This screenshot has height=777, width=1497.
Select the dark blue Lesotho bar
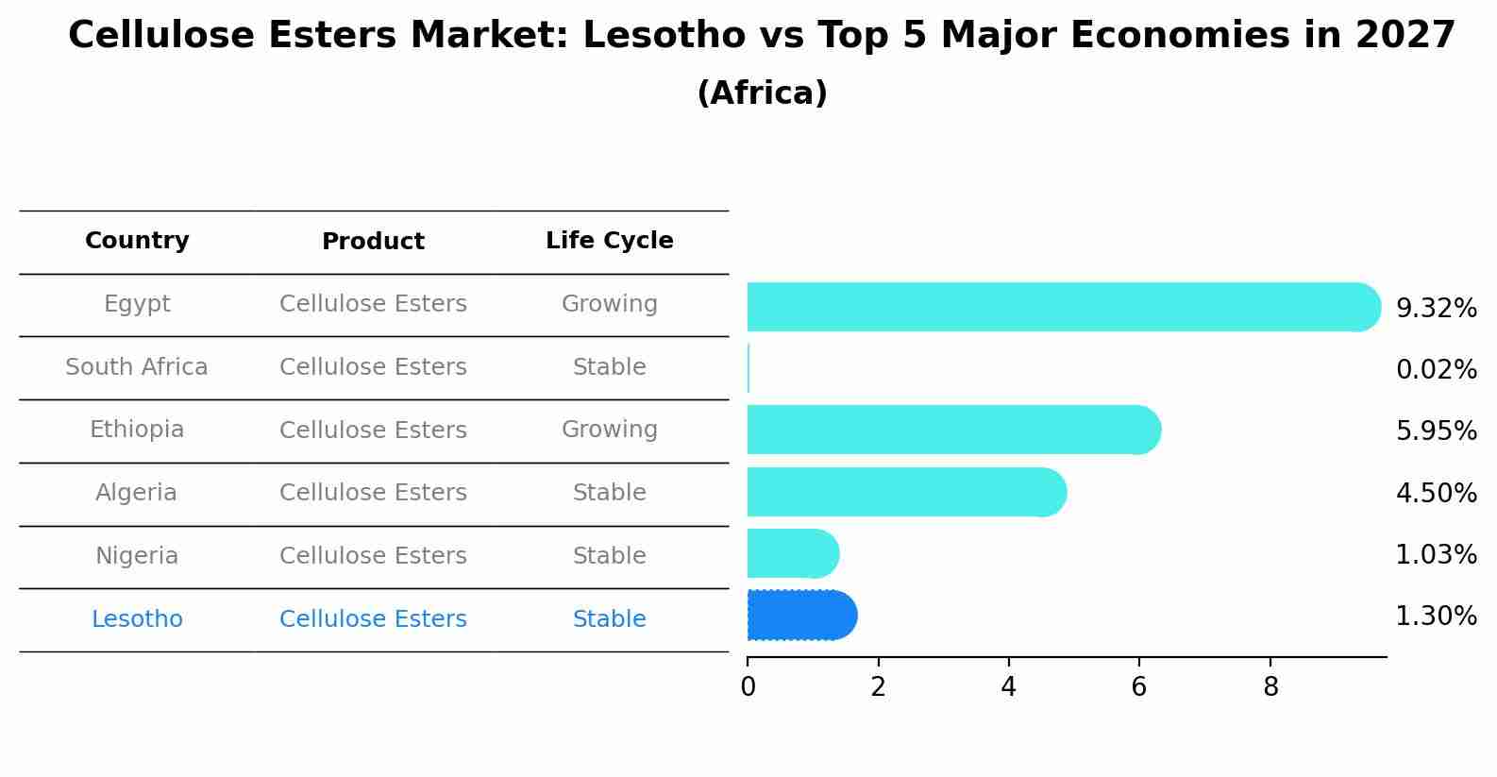tap(800, 616)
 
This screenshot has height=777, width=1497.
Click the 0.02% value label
tap(1436, 370)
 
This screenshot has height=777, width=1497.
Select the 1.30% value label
tap(1436, 617)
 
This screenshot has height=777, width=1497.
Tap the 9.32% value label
tap(1436, 309)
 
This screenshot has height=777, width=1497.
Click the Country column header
tap(137, 241)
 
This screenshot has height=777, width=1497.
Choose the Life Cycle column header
tap(609, 241)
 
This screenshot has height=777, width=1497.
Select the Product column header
tap(373, 242)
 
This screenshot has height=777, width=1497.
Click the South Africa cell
tap(137, 367)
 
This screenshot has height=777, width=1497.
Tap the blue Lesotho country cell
tap(137, 619)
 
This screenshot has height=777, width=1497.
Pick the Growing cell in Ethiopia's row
tap(609, 430)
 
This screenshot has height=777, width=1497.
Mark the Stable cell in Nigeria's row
tap(609, 556)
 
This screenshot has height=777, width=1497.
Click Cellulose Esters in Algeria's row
tap(373, 493)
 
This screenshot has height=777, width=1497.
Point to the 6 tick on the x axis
tap(1138, 686)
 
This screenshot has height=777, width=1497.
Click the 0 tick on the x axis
tap(748, 686)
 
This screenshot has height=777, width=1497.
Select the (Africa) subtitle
tap(762, 93)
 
